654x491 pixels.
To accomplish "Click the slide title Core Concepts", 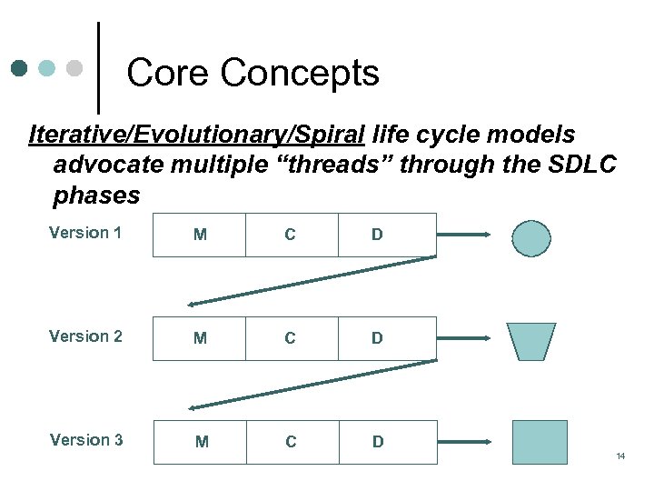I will coord(253,73).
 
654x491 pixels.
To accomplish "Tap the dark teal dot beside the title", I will coord(19,68).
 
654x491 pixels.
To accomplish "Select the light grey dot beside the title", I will coord(74,68).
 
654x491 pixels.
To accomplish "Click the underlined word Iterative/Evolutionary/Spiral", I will coord(196,135).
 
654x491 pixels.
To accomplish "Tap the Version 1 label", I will coord(85,233).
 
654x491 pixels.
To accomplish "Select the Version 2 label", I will coord(85,336).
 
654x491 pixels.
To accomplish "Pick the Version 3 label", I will coord(86,440).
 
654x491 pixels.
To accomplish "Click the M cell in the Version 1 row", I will coord(200,235).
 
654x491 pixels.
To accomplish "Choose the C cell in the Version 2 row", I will coord(290,338).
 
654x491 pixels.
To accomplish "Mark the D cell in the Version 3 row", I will coord(378,442).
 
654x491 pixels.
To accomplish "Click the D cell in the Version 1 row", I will coord(377,235).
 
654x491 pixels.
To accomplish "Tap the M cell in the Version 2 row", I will coord(200,338).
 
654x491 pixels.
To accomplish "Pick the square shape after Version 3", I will coord(540,442).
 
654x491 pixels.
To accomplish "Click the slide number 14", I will coord(620,456).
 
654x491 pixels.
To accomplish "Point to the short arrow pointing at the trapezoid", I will coord(463,338).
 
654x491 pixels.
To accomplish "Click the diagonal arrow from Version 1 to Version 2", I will coord(312,281).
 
